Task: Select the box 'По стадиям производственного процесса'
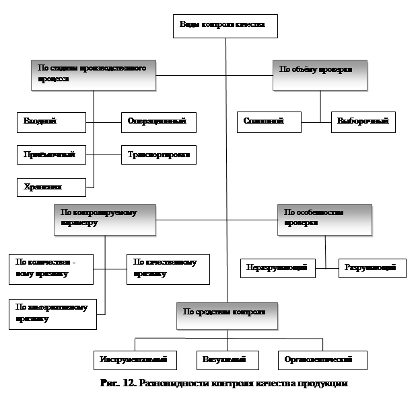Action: pos(93,74)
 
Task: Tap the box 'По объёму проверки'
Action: pos(320,74)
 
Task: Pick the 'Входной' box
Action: pos(51,122)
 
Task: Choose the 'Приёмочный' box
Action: pos(51,155)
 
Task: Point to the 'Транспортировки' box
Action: pos(158,155)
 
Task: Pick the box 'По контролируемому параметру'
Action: pos(104,219)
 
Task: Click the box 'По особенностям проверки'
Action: pos(324,219)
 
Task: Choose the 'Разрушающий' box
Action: pos(372,268)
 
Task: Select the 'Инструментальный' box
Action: pos(134,359)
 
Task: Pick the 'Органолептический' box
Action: pos(322,359)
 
